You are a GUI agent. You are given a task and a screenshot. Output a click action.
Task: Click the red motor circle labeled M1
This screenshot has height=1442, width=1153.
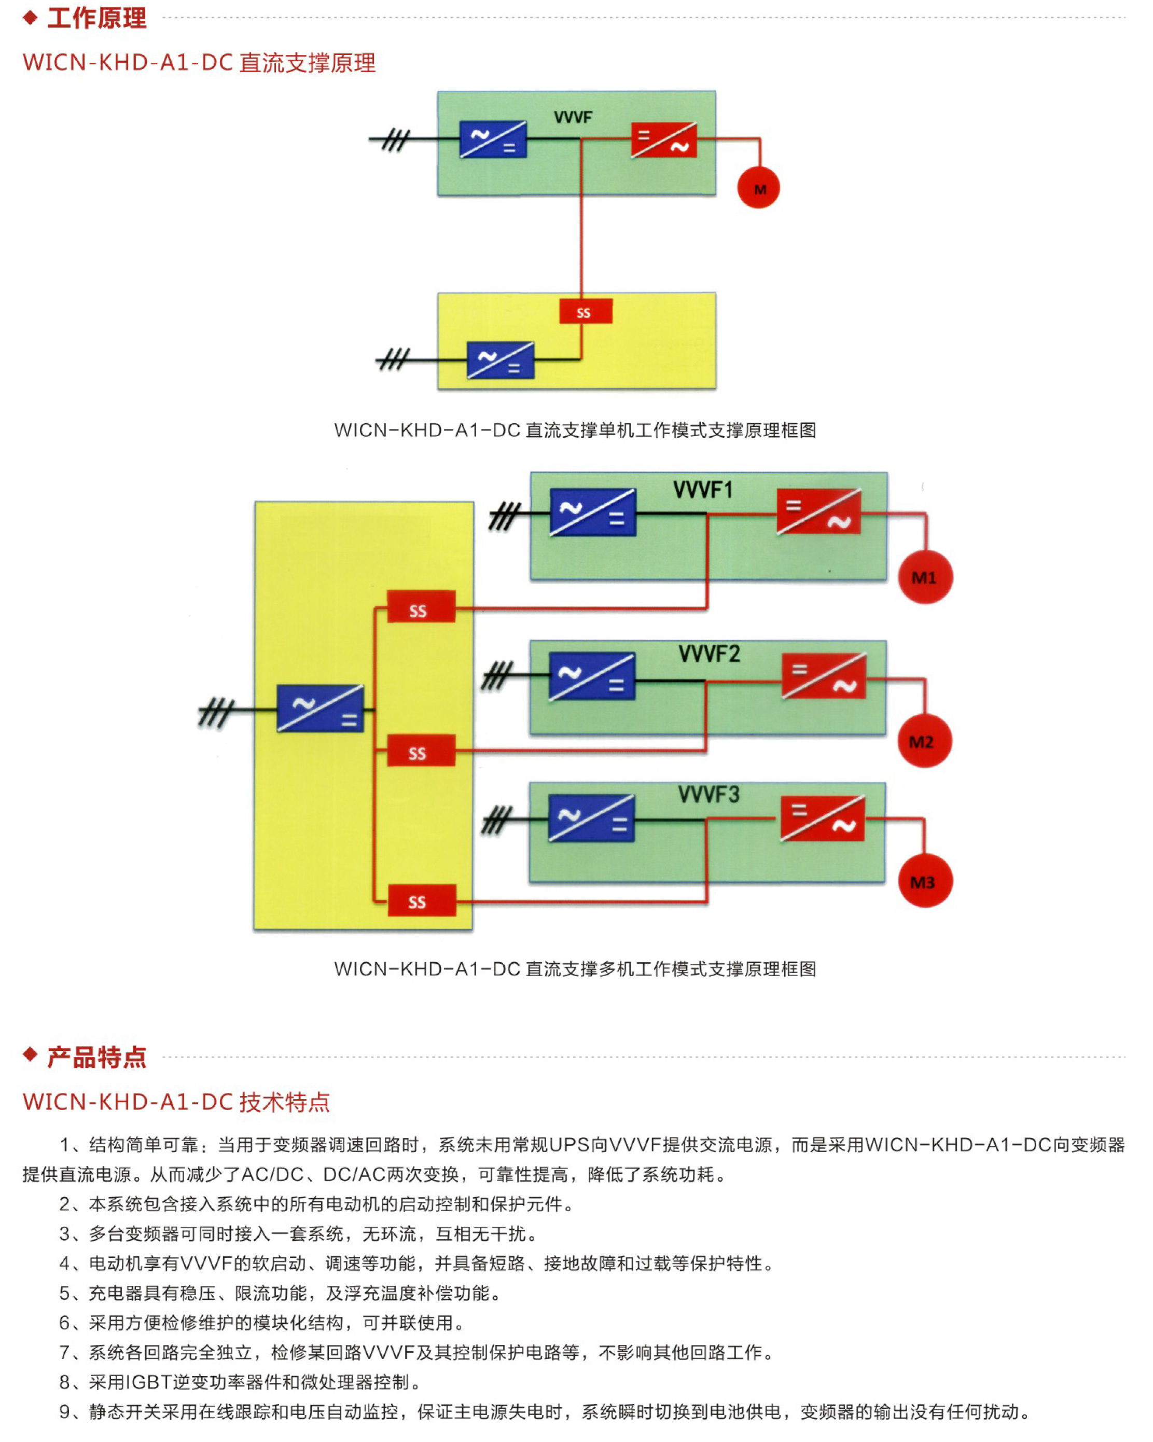[x=925, y=577]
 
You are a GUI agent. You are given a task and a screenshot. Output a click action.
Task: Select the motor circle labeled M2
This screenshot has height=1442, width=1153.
[x=924, y=741]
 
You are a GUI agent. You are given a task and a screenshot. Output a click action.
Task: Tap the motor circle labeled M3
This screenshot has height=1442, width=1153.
[x=925, y=881]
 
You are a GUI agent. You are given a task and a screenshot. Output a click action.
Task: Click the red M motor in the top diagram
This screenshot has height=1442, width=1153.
[x=758, y=188]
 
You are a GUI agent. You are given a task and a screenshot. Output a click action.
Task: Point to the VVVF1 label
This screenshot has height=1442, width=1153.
[x=703, y=490]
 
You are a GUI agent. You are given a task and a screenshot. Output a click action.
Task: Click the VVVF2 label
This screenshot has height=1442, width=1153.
[x=709, y=654]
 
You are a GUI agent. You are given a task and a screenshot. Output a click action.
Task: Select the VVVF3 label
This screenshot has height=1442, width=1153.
[x=709, y=795]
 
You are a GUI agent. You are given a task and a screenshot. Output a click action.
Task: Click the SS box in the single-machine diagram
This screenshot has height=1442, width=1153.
[x=585, y=312]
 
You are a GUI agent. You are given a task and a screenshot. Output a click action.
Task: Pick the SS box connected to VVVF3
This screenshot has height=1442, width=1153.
[x=421, y=901]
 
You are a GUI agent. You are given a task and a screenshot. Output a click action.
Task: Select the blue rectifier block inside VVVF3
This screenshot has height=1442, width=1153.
[x=591, y=818]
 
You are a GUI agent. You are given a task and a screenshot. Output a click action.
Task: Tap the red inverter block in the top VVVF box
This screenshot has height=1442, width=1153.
[x=664, y=140]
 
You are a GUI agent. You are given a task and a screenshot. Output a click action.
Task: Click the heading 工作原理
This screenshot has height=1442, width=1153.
[x=97, y=18]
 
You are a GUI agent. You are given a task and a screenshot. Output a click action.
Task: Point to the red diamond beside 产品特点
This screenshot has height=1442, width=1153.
[x=30, y=1055]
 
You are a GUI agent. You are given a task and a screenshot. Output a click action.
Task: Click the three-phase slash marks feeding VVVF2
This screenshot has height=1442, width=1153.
[x=497, y=675]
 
